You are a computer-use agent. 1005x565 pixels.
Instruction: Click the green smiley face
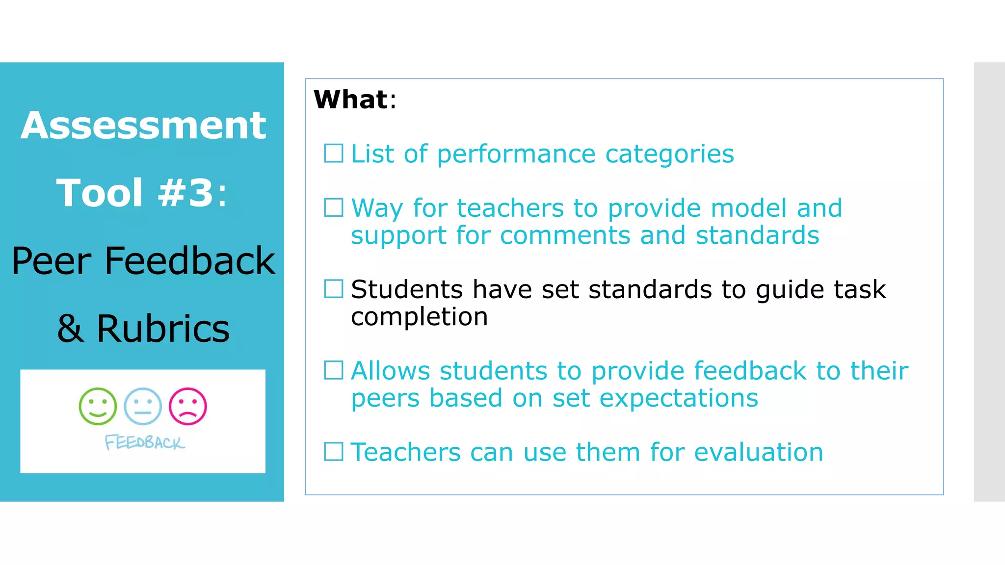coord(98,406)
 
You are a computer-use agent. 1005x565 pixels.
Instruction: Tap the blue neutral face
coord(143,406)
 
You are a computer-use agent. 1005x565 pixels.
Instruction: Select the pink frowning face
coord(188,406)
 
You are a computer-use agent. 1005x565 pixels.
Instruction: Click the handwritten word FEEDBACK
coord(145,442)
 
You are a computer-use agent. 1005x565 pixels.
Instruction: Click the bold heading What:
coord(354,100)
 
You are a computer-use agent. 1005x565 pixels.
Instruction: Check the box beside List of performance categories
coord(334,154)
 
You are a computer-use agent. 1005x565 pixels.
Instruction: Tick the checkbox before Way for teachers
coord(334,207)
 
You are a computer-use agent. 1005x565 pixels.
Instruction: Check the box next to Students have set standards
coord(334,289)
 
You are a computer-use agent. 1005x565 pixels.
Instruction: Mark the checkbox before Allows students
coord(334,370)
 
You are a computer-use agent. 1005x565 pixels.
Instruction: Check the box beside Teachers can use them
coord(334,452)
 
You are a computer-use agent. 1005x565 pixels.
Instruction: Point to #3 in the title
coord(185,193)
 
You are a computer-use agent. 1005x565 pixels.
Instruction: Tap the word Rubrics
coord(163,328)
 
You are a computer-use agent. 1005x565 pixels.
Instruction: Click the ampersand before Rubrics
coord(70,328)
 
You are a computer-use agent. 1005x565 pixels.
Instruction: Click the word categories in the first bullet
coord(669,154)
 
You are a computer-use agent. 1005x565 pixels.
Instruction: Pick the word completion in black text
coord(419,317)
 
